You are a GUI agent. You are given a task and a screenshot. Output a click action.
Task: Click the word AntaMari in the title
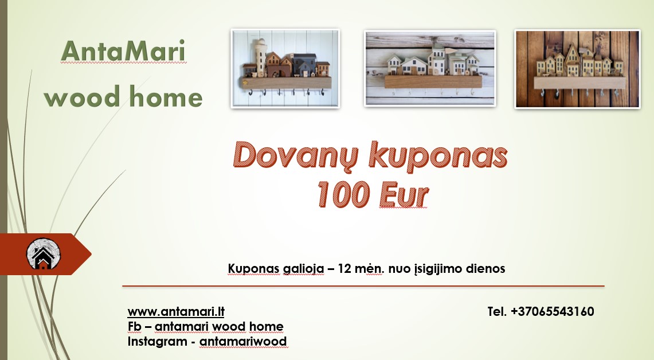pos(123,52)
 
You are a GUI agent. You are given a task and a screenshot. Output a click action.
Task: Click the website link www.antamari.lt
pos(175,312)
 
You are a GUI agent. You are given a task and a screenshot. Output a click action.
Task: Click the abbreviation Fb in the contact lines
pos(134,327)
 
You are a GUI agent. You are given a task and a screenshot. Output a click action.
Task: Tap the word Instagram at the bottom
pos(158,342)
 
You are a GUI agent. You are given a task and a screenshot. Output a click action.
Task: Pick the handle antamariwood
pos(243,342)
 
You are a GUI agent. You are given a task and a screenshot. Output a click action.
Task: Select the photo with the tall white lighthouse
pos(285,69)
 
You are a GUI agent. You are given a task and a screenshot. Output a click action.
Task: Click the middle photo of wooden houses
pos(430,68)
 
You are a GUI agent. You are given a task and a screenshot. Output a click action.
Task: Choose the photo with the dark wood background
pos(577,69)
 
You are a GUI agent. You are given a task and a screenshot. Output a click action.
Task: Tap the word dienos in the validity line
pos(486,268)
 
